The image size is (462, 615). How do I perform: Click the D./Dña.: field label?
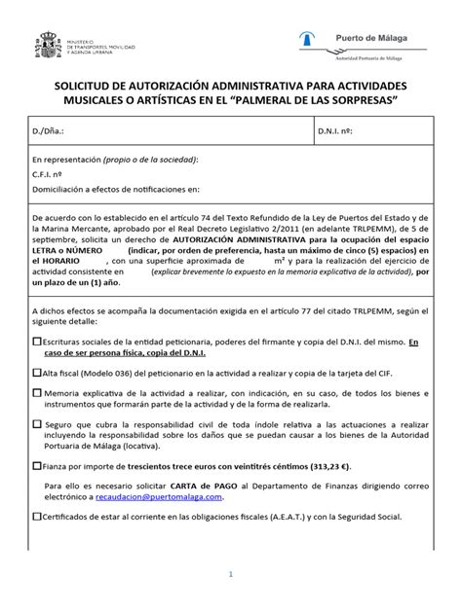50,129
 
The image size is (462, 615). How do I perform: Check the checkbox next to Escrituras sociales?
37,343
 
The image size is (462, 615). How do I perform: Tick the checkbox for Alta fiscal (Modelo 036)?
37,372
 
